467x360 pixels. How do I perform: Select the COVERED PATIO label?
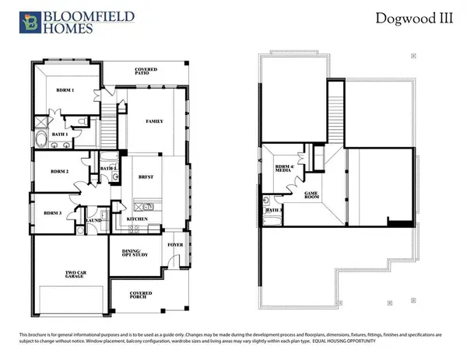pos(146,72)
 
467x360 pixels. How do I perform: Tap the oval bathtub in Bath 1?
pos(40,141)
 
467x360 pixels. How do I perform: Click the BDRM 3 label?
pos(53,212)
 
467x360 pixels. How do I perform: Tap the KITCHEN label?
pos(138,221)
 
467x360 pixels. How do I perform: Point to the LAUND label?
pos(94,220)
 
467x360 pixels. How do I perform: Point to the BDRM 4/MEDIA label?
pos(285,170)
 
